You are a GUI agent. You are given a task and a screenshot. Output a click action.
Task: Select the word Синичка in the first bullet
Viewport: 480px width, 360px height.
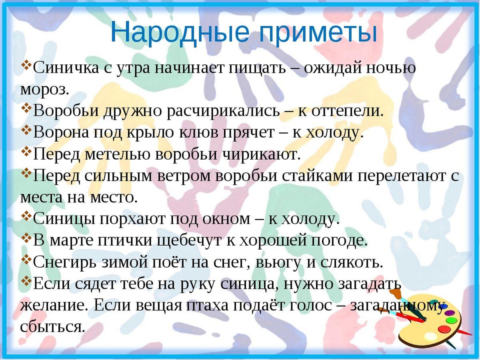pos(66,68)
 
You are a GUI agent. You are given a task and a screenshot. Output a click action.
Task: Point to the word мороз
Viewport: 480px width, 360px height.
pos(45,90)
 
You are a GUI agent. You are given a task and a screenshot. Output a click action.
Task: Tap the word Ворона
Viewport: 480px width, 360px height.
pos(61,132)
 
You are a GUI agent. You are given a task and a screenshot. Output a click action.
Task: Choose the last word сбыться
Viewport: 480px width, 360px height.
pos(52,327)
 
